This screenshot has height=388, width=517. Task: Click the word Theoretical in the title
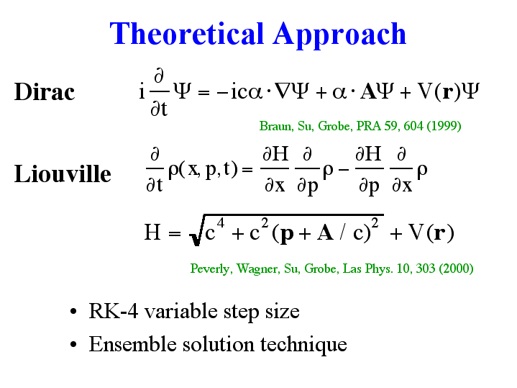187,33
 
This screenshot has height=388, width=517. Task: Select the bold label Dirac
45,91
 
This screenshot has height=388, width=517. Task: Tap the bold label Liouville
63,173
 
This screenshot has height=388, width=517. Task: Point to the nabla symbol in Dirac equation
283,91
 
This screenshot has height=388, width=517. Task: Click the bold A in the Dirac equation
368,91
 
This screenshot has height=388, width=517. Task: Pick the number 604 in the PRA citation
413,126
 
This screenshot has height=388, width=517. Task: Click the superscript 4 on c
221,223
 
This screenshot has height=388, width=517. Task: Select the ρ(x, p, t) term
203,170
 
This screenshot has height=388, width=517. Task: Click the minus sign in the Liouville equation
343,170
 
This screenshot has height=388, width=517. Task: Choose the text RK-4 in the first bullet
114,311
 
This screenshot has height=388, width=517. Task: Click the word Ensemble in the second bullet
133,344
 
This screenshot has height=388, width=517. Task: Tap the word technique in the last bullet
303,345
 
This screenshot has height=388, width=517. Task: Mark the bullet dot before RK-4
73,311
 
